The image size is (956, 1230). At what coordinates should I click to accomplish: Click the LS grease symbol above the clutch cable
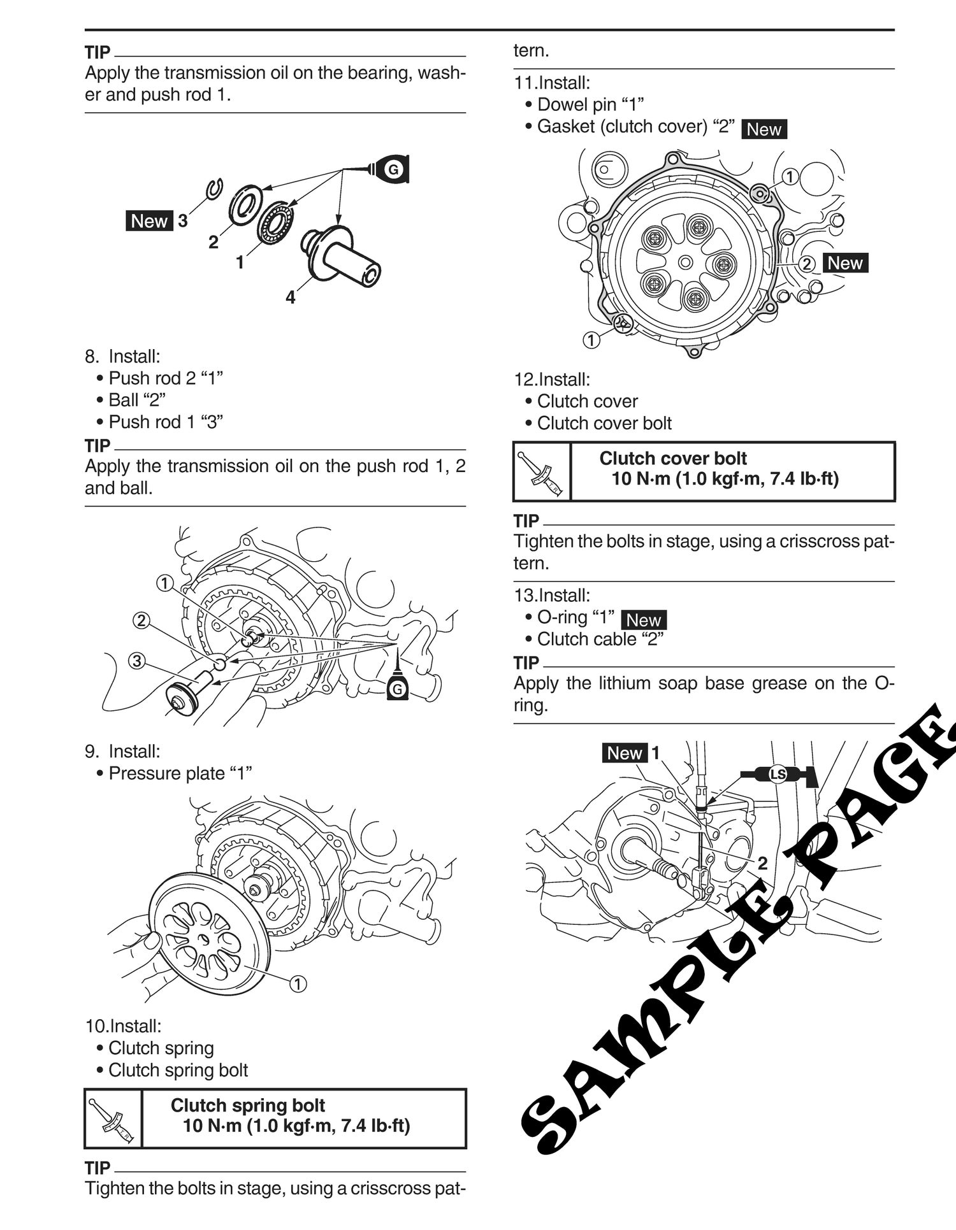pos(778,775)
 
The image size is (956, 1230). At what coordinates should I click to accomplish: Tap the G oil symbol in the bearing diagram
pos(393,169)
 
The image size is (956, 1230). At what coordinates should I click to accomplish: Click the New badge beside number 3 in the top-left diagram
pos(149,221)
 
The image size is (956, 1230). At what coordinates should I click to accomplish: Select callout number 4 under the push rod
pos(291,297)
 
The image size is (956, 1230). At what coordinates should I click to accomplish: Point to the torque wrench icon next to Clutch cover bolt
pos(542,472)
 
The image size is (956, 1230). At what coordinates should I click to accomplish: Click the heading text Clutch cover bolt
pos(673,458)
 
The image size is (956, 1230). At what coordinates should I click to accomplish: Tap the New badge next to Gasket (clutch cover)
pos(764,129)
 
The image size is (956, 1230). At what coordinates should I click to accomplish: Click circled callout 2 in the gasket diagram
pos(806,263)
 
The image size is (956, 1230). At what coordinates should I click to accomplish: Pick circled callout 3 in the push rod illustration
pos(136,661)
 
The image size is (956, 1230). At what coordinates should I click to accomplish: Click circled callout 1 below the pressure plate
pos(298,983)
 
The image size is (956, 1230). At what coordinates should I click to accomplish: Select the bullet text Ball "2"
pos(137,400)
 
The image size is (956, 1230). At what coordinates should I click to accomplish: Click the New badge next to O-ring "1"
pos(643,620)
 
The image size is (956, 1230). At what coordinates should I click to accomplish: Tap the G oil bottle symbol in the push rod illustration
pos(398,687)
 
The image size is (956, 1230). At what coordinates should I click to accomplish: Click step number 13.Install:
pos(552,595)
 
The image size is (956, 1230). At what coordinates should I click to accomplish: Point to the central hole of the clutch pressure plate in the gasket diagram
pos(685,262)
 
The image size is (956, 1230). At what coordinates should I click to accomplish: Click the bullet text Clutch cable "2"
pos(600,639)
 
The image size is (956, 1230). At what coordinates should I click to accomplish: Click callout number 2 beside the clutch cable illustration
pos(762,863)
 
